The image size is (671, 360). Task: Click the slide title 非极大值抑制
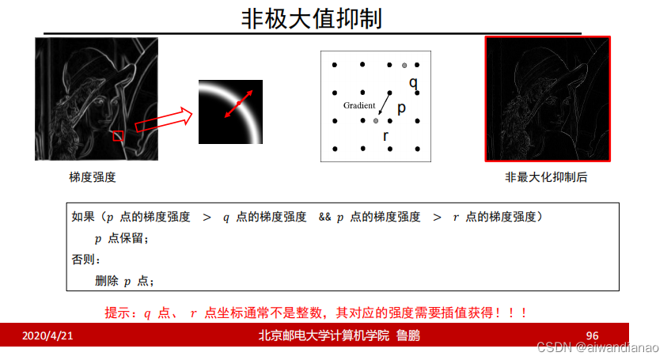coord(311,18)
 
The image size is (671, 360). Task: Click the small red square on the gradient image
coord(118,137)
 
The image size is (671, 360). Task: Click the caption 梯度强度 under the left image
coord(93,178)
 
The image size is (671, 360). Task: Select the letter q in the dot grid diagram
coord(413,82)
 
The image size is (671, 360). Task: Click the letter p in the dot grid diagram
coord(401,108)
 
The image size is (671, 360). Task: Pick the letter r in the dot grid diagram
coord(385,136)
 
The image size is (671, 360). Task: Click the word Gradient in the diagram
coord(359,105)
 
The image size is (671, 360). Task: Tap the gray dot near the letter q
coord(404,64)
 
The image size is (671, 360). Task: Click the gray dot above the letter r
coord(376,120)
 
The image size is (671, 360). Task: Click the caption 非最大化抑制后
coord(546,178)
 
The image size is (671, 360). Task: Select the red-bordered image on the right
coord(547,99)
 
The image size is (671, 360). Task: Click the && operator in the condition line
coord(325,217)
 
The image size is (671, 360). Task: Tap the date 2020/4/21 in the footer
coord(47,335)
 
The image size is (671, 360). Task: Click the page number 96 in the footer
coord(593,335)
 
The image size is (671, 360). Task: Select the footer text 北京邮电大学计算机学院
coord(324,335)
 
